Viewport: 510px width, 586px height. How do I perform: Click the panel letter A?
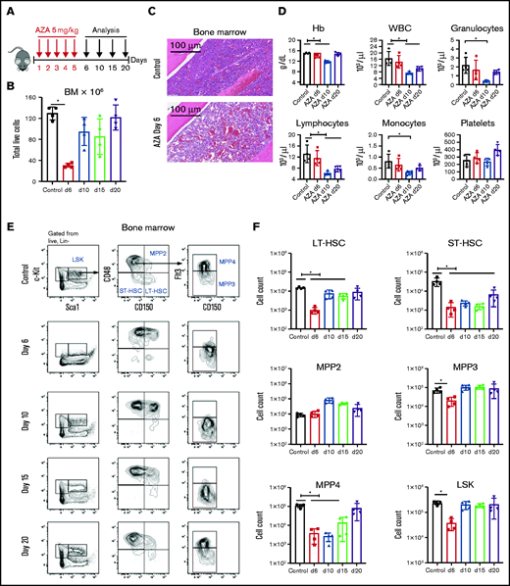[x=9, y=9]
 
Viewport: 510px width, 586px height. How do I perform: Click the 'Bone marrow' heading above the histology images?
[x=214, y=20]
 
